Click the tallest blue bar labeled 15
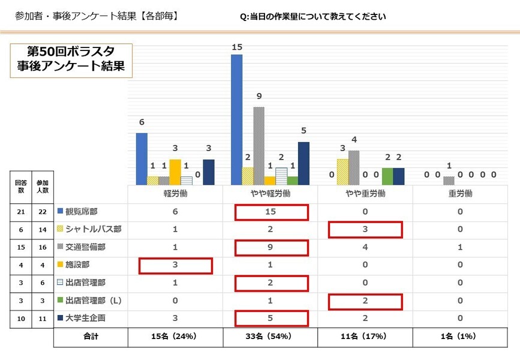click(x=236, y=120)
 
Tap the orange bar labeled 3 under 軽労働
click(x=175, y=172)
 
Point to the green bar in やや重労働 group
click(x=387, y=176)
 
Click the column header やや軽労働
click(x=270, y=194)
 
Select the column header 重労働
click(x=460, y=194)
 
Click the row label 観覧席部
click(x=82, y=212)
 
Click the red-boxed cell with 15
click(x=271, y=212)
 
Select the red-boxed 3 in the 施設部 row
click(x=175, y=265)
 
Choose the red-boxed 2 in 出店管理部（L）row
click(x=365, y=301)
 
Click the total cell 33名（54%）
click(x=270, y=337)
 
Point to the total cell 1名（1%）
click(x=460, y=337)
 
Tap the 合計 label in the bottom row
click(x=91, y=337)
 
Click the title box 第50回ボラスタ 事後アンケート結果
click(x=71, y=59)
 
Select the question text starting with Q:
click(x=312, y=17)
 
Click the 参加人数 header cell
click(x=42, y=185)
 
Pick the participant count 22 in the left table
click(x=42, y=212)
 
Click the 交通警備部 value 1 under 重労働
click(x=460, y=247)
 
